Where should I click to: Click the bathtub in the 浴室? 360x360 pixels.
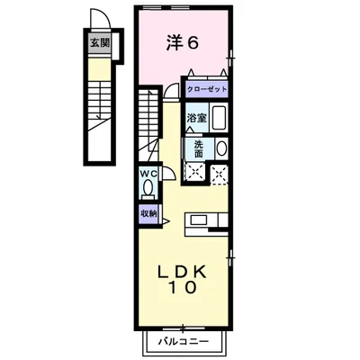pyautogui.click(x=216, y=118)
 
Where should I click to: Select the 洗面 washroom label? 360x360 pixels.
pyautogui.click(x=196, y=148)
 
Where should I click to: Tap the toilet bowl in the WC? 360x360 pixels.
pyautogui.click(x=148, y=189)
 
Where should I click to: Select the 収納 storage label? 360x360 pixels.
pyautogui.click(x=148, y=213)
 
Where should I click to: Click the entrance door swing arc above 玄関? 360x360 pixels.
pyautogui.click(x=98, y=22)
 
